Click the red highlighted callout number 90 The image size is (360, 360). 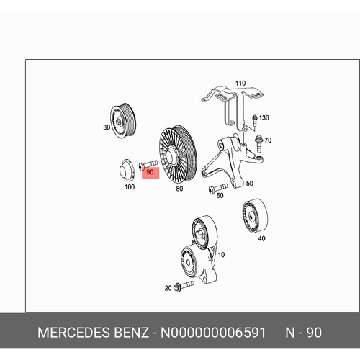coord(150,172)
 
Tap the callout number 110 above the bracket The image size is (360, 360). coord(240,84)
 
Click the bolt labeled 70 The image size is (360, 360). coord(259,143)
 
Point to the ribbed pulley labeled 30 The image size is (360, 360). coord(123,121)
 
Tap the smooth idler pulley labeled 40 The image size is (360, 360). coord(255,215)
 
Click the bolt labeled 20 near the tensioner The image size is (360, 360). coord(184,285)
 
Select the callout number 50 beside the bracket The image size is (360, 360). coord(249,184)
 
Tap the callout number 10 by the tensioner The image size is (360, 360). coord(221,255)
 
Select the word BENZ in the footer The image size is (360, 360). coord(131,333)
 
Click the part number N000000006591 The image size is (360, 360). coord(213,333)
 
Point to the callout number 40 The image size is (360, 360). coord(261,238)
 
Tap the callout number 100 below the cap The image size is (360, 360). coord(130,186)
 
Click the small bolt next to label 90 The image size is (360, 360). coord(148,164)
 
